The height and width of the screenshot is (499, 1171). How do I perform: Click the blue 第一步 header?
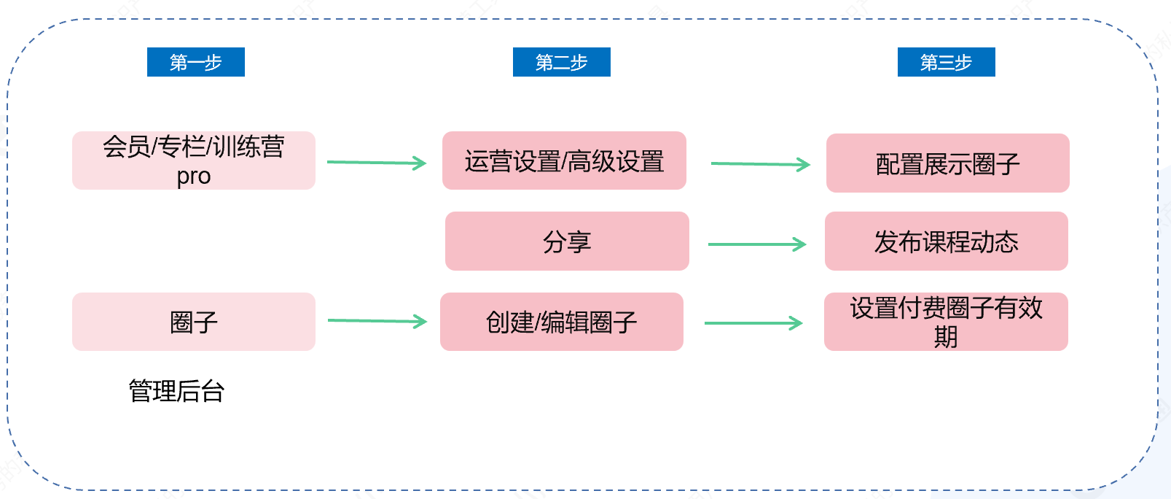point(195,62)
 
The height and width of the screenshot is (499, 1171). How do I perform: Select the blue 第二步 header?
point(561,62)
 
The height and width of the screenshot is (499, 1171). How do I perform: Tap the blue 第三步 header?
point(947,62)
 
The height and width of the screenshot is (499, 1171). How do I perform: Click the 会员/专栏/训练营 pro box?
point(193,160)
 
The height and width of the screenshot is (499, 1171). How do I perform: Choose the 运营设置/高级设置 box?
point(564,160)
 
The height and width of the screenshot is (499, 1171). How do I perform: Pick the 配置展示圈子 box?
point(948,163)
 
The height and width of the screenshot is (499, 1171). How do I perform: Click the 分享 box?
point(567,241)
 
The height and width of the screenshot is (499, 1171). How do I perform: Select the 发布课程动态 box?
point(947,241)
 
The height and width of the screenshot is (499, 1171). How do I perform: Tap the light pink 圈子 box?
point(193,322)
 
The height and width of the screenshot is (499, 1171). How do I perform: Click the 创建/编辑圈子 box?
point(561,322)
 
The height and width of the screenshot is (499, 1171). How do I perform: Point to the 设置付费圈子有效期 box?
point(946,322)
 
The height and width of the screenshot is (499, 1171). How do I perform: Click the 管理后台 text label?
point(176,391)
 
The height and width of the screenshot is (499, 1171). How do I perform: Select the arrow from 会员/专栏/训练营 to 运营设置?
point(377,163)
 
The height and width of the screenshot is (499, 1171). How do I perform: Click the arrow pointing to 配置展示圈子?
point(761,164)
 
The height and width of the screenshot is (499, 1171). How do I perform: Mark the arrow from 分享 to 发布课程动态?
point(757,244)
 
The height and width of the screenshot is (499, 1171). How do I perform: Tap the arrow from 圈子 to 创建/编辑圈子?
point(377,321)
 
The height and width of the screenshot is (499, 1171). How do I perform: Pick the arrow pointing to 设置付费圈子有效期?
point(753,323)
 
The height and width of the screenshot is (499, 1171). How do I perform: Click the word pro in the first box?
point(193,177)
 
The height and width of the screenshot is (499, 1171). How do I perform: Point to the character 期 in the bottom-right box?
point(946,337)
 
